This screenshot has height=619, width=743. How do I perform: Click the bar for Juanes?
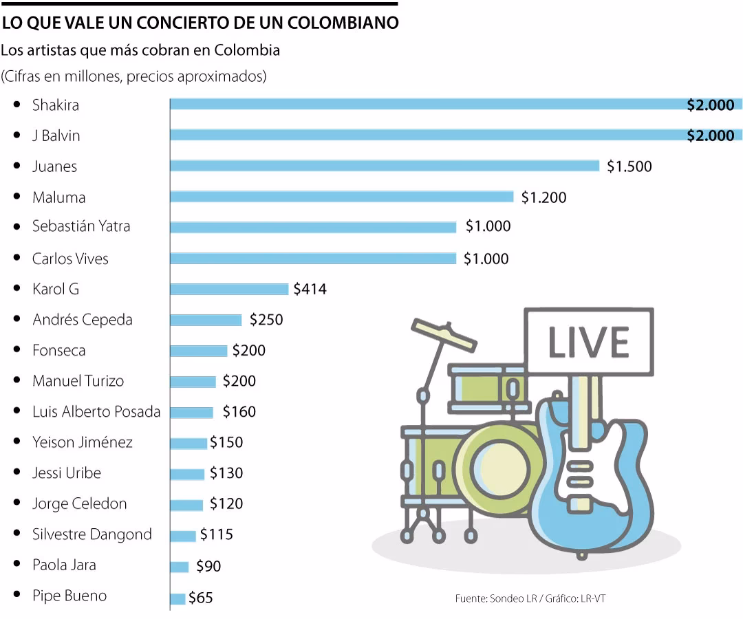pyautogui.click(x=385, y=166)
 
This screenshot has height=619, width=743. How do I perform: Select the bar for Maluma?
pyautogui.click(x=342, y=197)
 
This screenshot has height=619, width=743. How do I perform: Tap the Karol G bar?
pyautogui.click(x=229, y=289)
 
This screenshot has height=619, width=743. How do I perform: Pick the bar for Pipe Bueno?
pyautogui.click(x=177, y=598)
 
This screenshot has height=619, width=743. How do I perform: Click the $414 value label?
pyautogui.click(x=310, y=290)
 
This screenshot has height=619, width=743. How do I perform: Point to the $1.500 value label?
pyautogui.click(x=629, y=166)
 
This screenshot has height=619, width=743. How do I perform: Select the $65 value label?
pyautogui.click(x=201, y=598)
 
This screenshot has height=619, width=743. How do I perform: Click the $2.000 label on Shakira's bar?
pyautogui.click(x=711, y=105)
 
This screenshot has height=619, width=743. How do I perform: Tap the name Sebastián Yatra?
pyautogui.click(x=81, y=226)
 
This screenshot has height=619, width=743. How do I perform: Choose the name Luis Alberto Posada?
pyautogui.click(x=96, y=412)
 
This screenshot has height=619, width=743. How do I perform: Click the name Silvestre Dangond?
pyautogui.click(x=92, y=534)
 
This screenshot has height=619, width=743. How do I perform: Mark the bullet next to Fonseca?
pyautogui.click(x=17, y=350)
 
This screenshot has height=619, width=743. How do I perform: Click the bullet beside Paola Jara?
pyautogui.click(x=17, y=565)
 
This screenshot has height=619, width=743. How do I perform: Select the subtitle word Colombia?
pyautogui.click(x=247, y=50)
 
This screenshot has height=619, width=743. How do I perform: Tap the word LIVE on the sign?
pyautogui.click(x=588, y=342)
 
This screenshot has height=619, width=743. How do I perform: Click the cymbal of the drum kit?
pyautogui.click(x=444, y=333)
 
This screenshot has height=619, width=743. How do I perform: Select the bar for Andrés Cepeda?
pyautogui.click(x=206, y=320)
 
